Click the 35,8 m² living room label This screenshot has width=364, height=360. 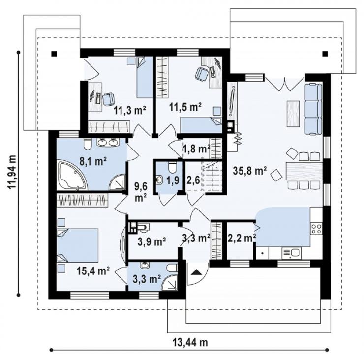(249, 171)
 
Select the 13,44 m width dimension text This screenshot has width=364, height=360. (190, 342)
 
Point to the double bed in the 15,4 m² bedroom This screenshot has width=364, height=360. (78, 245)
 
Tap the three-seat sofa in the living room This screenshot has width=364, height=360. (313, 109)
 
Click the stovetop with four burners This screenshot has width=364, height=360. (316, 228)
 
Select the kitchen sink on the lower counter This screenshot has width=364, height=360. (291, 253)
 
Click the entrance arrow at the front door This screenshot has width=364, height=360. (196, 272)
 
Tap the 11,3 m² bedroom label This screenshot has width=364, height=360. (129, 110)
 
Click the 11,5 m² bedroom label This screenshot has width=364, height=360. (185, 107)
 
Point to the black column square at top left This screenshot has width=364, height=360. (54, 54)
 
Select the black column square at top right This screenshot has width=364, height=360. (325, 54)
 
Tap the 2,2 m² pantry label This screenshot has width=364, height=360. (242, 238)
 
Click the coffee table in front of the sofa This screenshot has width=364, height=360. (293, 114)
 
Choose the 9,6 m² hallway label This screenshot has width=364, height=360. (141, 192)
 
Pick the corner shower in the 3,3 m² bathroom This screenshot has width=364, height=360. (170, 282)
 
